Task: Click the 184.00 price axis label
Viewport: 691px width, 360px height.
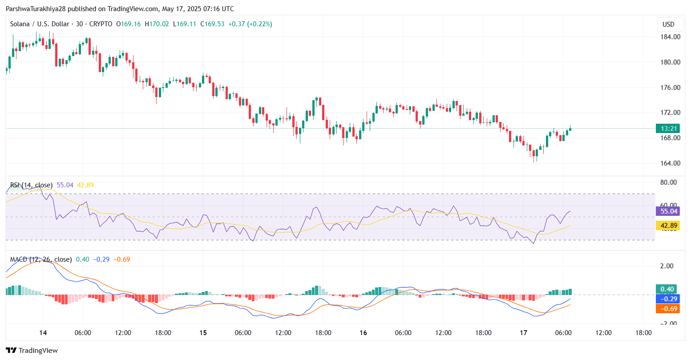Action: pyautogui.click(x=670, y=37)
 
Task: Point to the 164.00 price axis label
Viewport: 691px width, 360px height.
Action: pyautogui.click(x=670, y=163)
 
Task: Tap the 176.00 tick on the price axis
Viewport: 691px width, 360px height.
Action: pyautogui.click(x=670, y=88)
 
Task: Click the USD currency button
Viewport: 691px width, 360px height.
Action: pyautogui.click(x=668, y=24)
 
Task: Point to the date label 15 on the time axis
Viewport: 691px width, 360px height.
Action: pyautogui.click(x=203, y=333)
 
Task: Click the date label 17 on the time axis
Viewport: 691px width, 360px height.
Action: pyautogui.click(x=523, y=333)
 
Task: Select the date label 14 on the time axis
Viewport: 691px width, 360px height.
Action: pyautogui.click(x=43, y=333)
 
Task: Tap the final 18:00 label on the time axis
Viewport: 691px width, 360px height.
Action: pyautogui.click(x=643, y=333)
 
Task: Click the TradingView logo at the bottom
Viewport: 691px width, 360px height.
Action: pyautogui.click(x=32, y=351)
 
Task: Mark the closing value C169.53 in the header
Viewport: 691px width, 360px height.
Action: pyautogui.click(x=212, y=24)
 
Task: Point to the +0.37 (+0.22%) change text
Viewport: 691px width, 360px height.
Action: pyautogui.click(x=250, y=24)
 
